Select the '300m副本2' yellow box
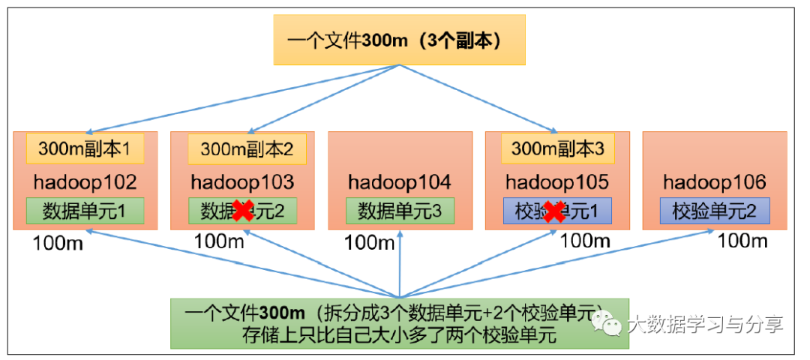pyautogui.click(x=247, y=149)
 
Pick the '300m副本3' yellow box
pyautogui.click(x=557, y=148)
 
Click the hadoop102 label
pyautogui.click(x=85, y=182)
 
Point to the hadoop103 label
pyautogui.click(x=242, y=182)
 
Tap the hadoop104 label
pyautogui.click(x=400, y=182)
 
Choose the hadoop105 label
pyautogui.click(x=557, y=182)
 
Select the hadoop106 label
pyautogui.click(x=715, y=182)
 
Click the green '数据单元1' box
pyautogui.click(x=85, y=211)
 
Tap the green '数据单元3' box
pyautogui.click(x=400, y=211)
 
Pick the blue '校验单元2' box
pyautogui.click(x=715, y=211)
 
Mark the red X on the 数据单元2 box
pyautogui.click(x=242, y=211)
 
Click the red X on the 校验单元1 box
pyautogui.click(x=553, y=211)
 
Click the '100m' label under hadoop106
pyautogui.click(x=743, y=241)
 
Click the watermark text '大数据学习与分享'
pyautogui.click(x=705, y=325)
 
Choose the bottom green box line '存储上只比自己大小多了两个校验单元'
pyautogui.click(x=398, y=334)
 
